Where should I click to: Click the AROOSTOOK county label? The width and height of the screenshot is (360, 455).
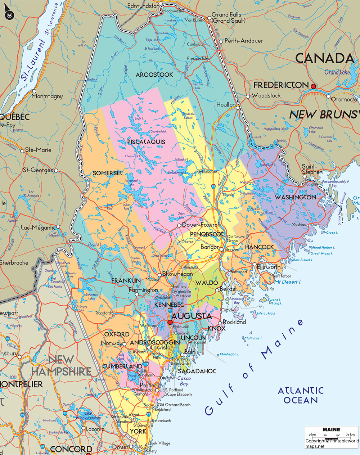coord(154,75)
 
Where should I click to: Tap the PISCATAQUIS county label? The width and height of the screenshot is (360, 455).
coord(146,142)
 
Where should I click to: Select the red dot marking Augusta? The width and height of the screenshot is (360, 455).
coord(170,322)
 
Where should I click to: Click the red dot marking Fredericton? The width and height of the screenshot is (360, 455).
coord(313,86)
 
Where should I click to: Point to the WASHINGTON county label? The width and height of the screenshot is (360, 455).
coord(296,197)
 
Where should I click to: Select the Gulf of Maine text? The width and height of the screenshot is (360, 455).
coord(254,366)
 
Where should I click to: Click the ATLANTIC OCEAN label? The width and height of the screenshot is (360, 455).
coord(301,395)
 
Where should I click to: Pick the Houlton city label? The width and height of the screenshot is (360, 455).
coord(226,105)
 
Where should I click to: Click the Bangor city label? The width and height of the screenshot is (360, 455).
coord(210,247)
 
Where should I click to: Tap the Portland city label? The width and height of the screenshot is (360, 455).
coord(150,385)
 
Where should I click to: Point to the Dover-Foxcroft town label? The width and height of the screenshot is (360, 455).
coord(201,225)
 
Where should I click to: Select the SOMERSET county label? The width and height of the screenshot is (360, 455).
coord(107,173)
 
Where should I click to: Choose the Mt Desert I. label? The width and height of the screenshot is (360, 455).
coord(288,282)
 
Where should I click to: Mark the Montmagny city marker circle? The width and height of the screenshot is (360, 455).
coord(34,91)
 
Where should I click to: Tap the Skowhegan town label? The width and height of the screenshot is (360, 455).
coord(178,274)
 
